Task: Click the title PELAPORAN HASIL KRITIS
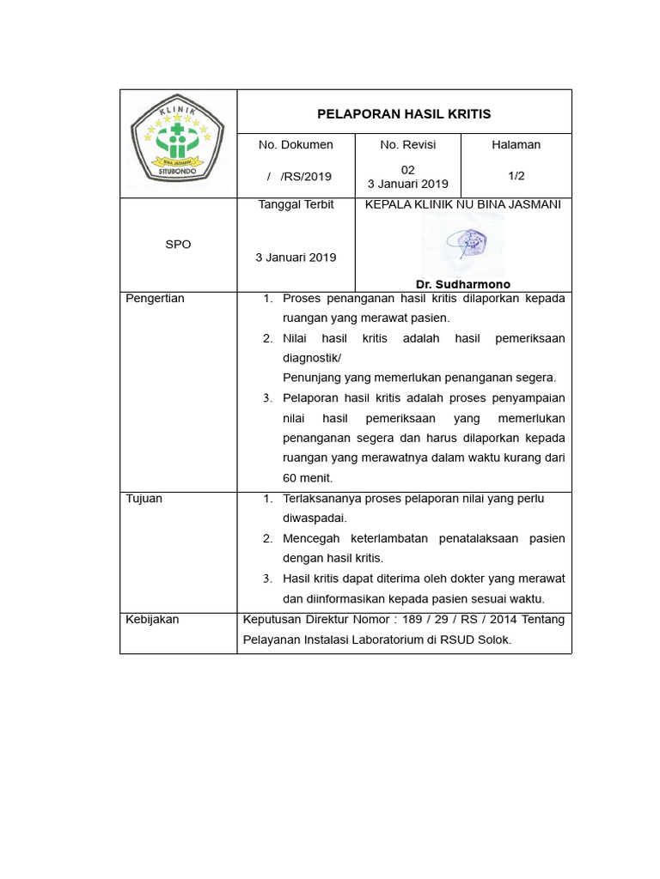404,113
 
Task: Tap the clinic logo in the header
177,142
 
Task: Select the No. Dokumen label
296,145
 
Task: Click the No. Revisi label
408,145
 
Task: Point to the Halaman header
516,145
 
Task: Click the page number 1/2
516,176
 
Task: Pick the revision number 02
408,170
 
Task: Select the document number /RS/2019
299,177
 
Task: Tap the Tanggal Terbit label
296,205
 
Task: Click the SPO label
178,245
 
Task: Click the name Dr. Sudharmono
463,284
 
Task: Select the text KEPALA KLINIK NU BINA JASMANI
463,205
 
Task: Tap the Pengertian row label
156,299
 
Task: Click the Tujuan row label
144,499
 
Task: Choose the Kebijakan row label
153,620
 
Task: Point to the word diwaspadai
315,518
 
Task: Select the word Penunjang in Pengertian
310,378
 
